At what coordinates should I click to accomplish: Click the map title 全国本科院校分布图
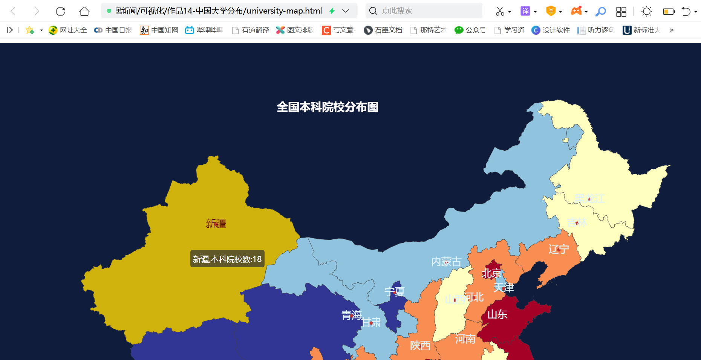(328, 107)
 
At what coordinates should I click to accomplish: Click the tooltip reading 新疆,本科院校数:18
(227, 259)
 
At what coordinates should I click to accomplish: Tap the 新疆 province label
(216, 224)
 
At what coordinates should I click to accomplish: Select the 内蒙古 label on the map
(446, 262)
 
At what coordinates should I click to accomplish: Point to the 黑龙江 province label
(589, 199)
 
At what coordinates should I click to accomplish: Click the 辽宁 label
(559, 249)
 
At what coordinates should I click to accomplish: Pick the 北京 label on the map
(491, 273)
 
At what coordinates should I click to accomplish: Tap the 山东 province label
(497, 314)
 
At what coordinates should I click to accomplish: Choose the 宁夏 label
(395, 292)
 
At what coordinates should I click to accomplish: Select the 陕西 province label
(420, 345)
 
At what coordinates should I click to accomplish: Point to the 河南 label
(465, 339)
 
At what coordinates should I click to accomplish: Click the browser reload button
(60, 11)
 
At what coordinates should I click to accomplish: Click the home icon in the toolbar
(84, 11)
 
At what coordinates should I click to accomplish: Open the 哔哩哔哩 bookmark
(204, 30)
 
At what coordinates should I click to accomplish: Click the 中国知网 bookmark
(159, 30)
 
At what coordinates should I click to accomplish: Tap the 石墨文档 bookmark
(383, 30)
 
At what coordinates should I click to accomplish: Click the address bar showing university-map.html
(219, 11)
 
